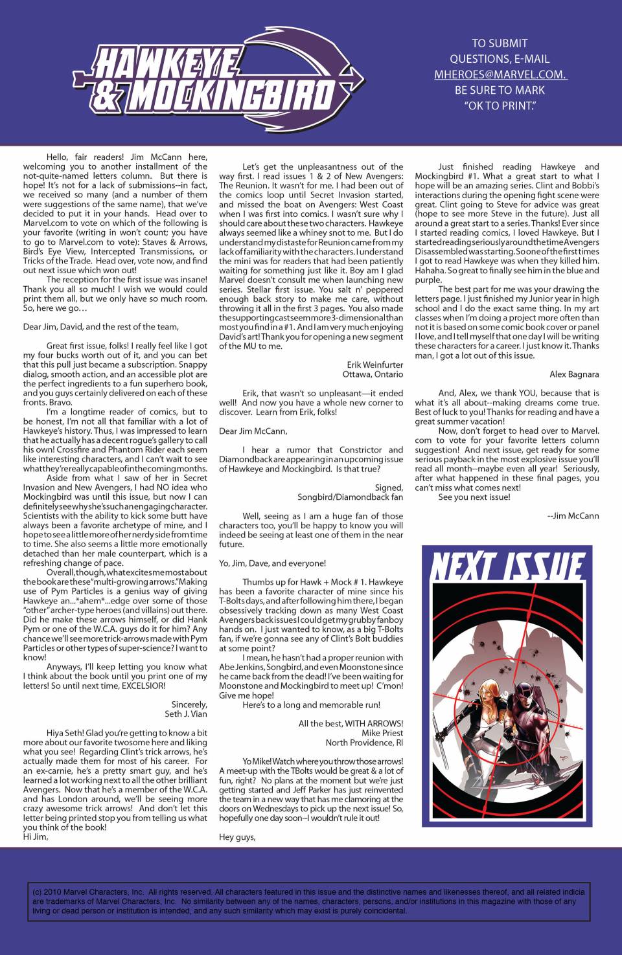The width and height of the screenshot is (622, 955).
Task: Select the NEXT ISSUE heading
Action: coord(507,567)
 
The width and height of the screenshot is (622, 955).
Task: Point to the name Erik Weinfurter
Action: coord(374,365)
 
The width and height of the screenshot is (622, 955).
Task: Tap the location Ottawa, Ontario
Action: coord(373,374)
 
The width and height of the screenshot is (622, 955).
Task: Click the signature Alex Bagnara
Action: coord(574,374)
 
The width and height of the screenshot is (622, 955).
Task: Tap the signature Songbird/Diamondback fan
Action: coord(350,497)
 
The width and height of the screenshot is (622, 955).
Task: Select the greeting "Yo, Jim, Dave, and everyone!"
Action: coord(272,563)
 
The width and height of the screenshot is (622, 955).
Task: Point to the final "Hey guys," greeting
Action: coord(237,837)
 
